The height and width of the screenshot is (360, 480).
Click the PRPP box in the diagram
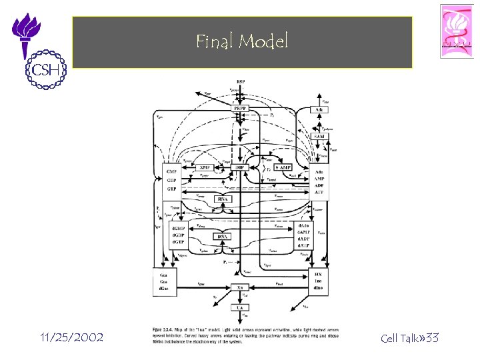(x=239, y=109)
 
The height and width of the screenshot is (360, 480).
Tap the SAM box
(x=319, y=136)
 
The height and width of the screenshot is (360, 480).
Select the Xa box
(x=239, y=287)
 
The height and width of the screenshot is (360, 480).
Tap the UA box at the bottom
(x=239, y=307)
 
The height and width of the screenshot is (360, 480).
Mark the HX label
(x=318, y=274)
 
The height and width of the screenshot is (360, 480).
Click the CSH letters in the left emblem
(x=42, y=70)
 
